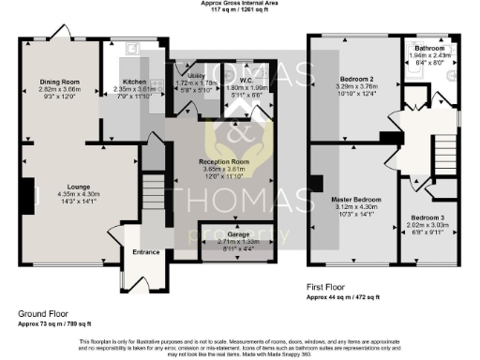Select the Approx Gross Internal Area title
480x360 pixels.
tap(240, 3)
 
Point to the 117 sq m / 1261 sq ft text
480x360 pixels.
tap(240, 9)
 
